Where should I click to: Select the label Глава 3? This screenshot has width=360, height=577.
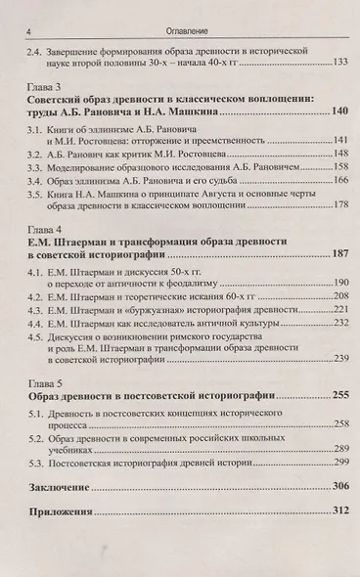48,88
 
